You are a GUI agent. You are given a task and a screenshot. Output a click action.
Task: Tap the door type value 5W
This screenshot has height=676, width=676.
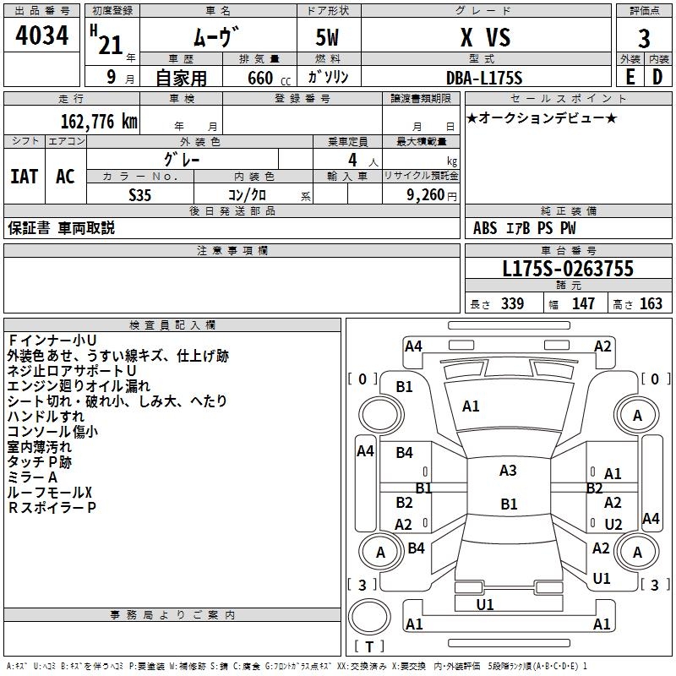pos(328,38)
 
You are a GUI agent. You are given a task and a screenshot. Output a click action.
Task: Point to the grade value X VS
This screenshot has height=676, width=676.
pos(484,38)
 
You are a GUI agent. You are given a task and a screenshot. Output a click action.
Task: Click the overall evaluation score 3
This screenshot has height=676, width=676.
pos(644,39)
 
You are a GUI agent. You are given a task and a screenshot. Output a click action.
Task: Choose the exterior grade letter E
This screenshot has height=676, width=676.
pos(630,77)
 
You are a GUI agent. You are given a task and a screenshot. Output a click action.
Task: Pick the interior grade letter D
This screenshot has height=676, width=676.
pos(657,77)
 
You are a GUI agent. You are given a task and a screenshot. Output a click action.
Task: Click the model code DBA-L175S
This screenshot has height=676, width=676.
pos(484,78)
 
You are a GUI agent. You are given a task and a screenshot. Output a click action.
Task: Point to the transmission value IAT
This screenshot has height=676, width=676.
pos(24,177)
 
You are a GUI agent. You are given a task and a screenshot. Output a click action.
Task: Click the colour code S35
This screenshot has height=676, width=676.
pos(139,194)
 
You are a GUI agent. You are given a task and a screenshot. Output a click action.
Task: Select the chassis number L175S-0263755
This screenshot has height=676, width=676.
pos(567,270)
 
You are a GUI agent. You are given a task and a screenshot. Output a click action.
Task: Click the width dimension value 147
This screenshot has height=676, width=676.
pos(583,304)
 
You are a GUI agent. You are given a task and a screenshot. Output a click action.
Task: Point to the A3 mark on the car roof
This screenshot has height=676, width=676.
pos(508,471)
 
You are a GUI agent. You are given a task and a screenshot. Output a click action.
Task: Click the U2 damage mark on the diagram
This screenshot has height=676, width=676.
pos(613,524)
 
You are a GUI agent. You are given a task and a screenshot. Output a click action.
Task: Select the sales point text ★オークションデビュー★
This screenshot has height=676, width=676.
pos(541,118)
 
